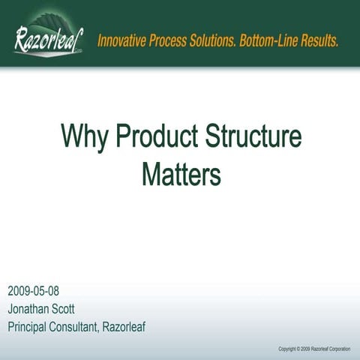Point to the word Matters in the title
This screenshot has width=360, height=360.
click(182, 174)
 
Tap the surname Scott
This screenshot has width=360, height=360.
click(77, 308)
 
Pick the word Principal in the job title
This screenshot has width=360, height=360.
click(31, 326)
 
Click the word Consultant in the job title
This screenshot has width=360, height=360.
click(89, 326)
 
